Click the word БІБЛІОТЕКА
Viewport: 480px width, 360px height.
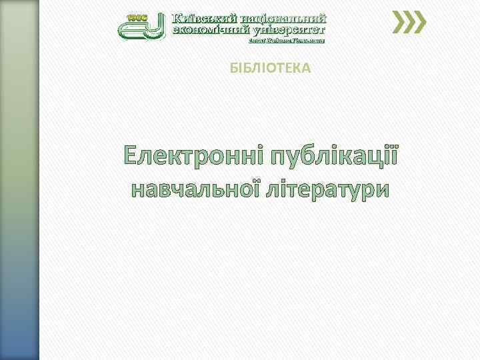[270, 68]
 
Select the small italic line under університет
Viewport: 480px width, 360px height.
[286, 41]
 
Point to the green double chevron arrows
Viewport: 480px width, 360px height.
[409, 23]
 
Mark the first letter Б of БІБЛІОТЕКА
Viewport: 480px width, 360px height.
[233, 68]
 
